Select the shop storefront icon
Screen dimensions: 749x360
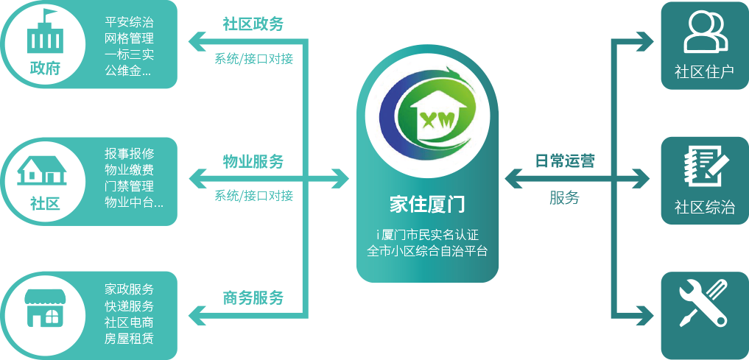click(44, 308)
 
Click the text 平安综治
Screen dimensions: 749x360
click(129, 22)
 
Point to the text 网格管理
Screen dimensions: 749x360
click(129, 38)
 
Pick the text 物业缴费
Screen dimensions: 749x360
click(129, 169)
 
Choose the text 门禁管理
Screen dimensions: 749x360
click(129, 186)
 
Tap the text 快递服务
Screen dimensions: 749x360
click(129, 306)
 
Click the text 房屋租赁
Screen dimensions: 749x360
click(129, 338)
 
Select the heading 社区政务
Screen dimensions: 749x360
click(253, 24)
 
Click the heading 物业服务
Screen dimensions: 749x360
click(253, 161)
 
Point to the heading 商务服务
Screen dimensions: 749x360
click(253, 298)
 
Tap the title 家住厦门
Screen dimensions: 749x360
click(426, 205)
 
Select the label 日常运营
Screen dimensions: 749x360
click(565, 160)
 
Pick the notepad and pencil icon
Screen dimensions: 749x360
click(705, 168)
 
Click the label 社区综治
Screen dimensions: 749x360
click(705, 208)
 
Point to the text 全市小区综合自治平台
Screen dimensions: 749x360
click(427, 250)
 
